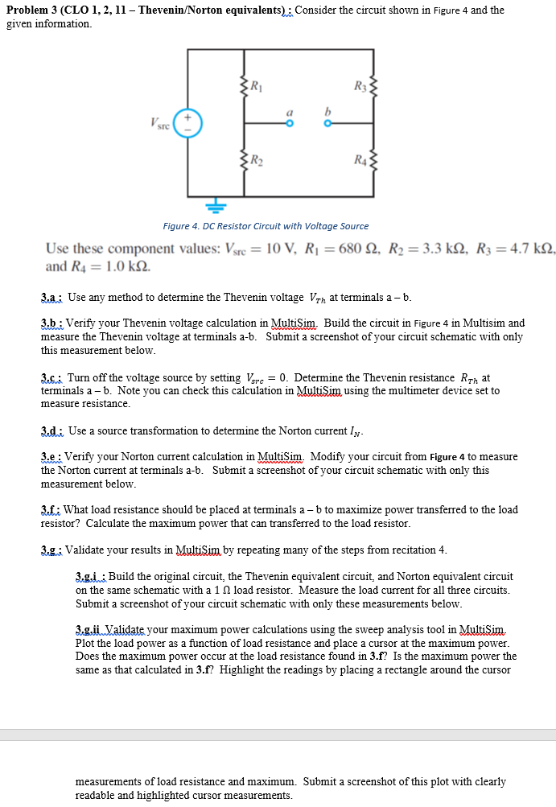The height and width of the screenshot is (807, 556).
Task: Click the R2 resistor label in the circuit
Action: pos(255,158)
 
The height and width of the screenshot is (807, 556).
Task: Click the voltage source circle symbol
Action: pos(188,123)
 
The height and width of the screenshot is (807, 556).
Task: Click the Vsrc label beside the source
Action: pos(160,123)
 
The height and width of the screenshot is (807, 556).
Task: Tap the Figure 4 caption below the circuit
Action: pos(266,226)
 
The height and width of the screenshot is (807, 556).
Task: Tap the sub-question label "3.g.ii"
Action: pos(90,628)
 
